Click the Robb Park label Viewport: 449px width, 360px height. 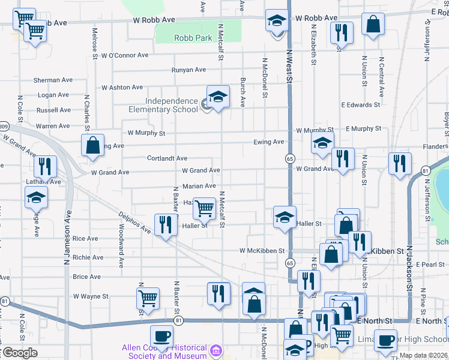tap(193, 38)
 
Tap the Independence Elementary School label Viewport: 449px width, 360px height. tap(163, 105)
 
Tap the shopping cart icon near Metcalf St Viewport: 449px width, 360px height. tap(205, 208)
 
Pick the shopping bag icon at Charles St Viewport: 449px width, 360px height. tap(93, 146)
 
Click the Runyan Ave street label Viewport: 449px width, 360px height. tap(188, 70)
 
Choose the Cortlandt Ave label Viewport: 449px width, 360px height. tap(167, 158)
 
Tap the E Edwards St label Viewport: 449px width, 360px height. tap(360, 104)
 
